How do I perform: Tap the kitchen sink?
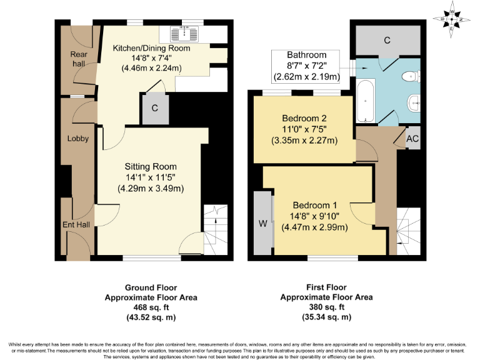186,34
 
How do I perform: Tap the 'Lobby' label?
78,139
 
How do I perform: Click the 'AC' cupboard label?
412,139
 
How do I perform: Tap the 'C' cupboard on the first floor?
387,41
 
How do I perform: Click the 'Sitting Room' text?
151,166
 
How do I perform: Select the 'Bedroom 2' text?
304,118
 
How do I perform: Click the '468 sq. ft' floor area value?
151,307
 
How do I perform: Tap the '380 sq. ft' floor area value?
326,307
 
